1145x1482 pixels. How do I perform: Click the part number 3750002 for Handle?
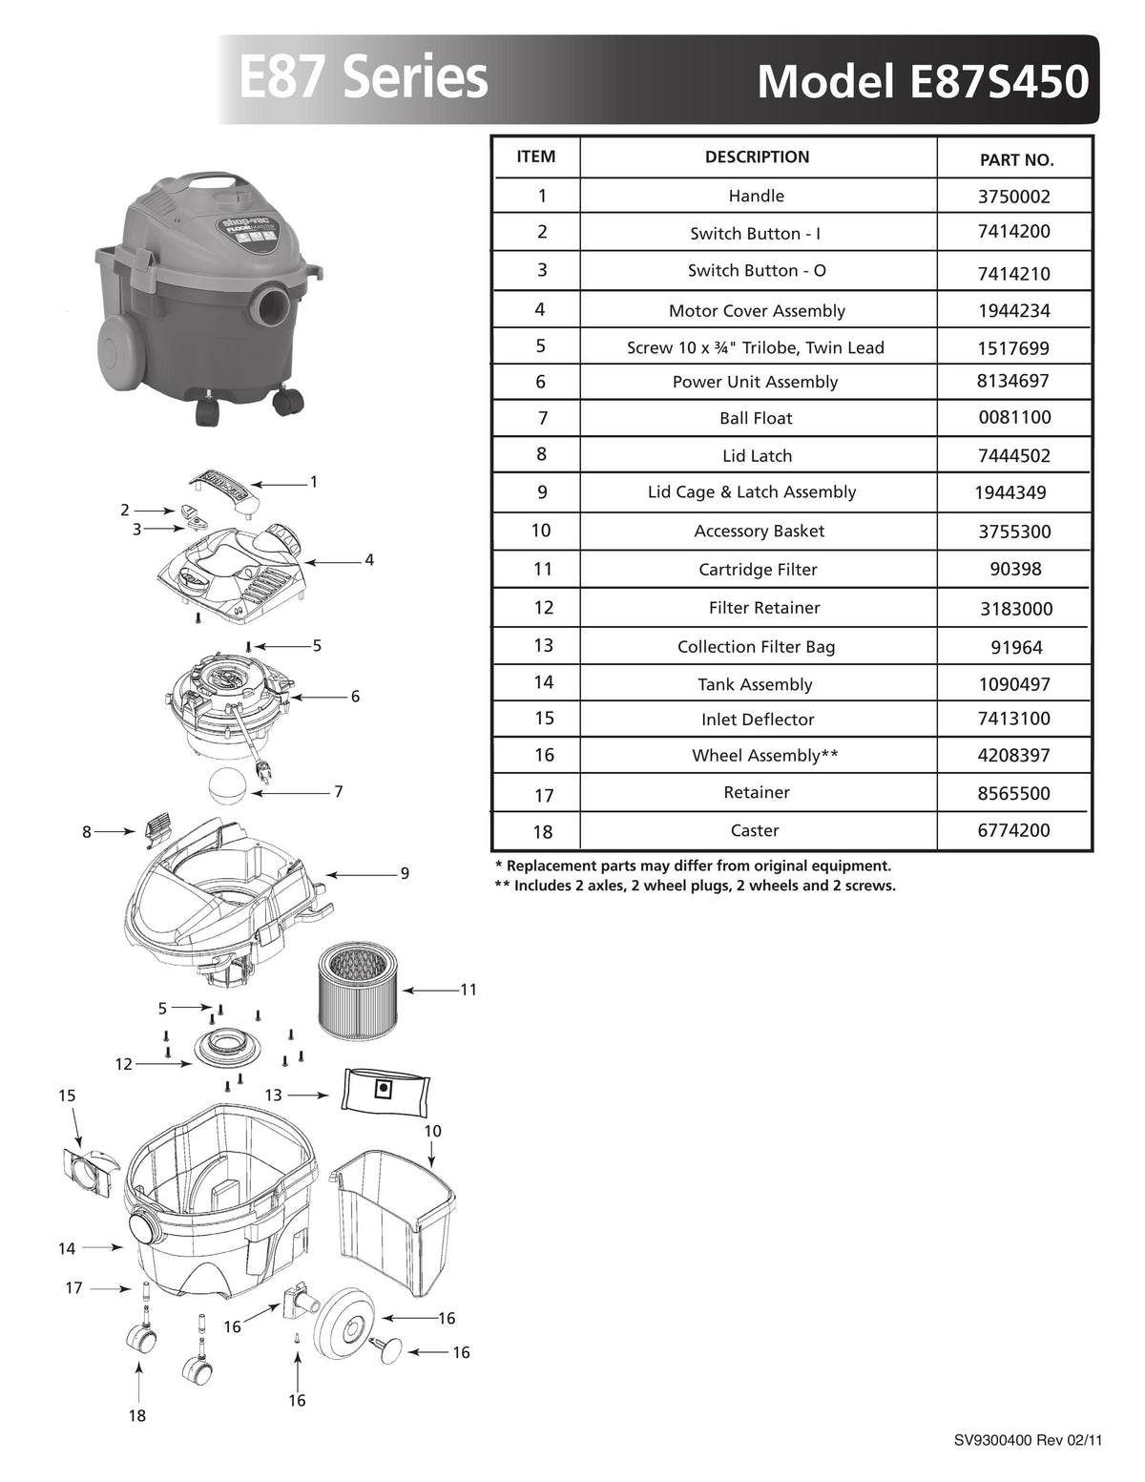1014,197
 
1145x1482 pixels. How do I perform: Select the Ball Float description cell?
756,418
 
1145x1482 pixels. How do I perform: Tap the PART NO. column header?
1016,160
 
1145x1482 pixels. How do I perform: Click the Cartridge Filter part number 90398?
1015,569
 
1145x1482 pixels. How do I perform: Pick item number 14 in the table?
543,681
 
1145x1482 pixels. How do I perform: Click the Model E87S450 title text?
922,82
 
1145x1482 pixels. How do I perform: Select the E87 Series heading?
363,78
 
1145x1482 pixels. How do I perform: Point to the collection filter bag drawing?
385,1089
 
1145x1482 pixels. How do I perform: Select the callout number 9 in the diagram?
405,873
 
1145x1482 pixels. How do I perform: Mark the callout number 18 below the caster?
137,1415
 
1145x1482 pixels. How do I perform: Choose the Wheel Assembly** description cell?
764,756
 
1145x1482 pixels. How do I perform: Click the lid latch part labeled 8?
156,830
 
